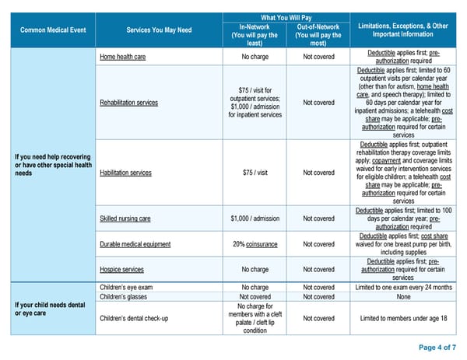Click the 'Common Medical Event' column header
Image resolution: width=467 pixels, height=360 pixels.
coord(48,30)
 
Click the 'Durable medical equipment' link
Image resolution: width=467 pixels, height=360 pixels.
coord(135,244)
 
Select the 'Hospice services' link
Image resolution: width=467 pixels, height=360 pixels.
coord(122,269)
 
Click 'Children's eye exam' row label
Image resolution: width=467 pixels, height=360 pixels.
coord(127,287)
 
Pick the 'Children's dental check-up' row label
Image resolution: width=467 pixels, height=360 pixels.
coord(135,318)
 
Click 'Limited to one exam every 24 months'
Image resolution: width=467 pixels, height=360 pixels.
coord(403,287)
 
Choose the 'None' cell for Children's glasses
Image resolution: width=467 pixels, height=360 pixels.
coord(403,296)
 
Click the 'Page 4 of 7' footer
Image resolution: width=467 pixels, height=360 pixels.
coord(437,347)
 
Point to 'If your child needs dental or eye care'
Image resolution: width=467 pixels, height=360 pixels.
coord(48,309)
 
